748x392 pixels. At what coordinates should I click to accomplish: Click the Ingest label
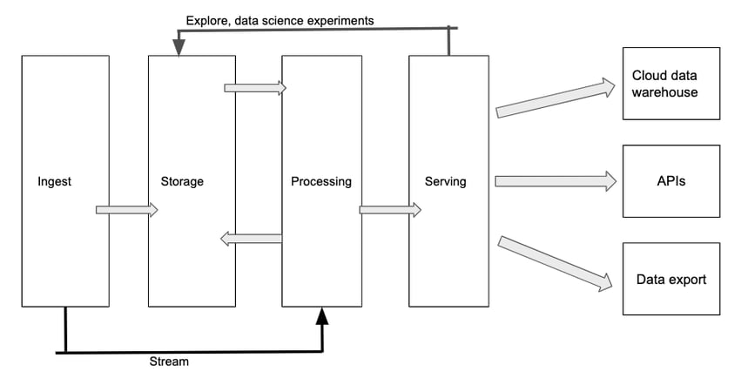click(55, 182)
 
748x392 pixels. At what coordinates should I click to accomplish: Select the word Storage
click(182, 182)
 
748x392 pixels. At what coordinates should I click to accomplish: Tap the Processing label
click(321, 182)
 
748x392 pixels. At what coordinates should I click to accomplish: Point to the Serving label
click(445, 182)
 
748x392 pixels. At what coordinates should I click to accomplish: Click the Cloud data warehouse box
click(671, 84)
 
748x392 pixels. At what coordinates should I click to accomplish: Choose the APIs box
click(671, 181)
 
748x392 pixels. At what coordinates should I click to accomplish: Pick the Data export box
click(671, 279)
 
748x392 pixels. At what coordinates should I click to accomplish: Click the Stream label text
click(169, 362)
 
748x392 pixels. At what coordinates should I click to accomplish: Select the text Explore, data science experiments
click(280, 20)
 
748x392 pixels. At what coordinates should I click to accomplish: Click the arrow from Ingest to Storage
click(126, 210)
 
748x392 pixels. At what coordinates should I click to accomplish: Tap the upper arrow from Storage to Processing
click(255, 88)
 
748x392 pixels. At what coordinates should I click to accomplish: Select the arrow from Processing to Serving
click(390, 210)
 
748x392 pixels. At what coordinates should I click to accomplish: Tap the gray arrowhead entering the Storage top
click(179, 50)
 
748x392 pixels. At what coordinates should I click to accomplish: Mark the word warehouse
click(665, 91)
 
